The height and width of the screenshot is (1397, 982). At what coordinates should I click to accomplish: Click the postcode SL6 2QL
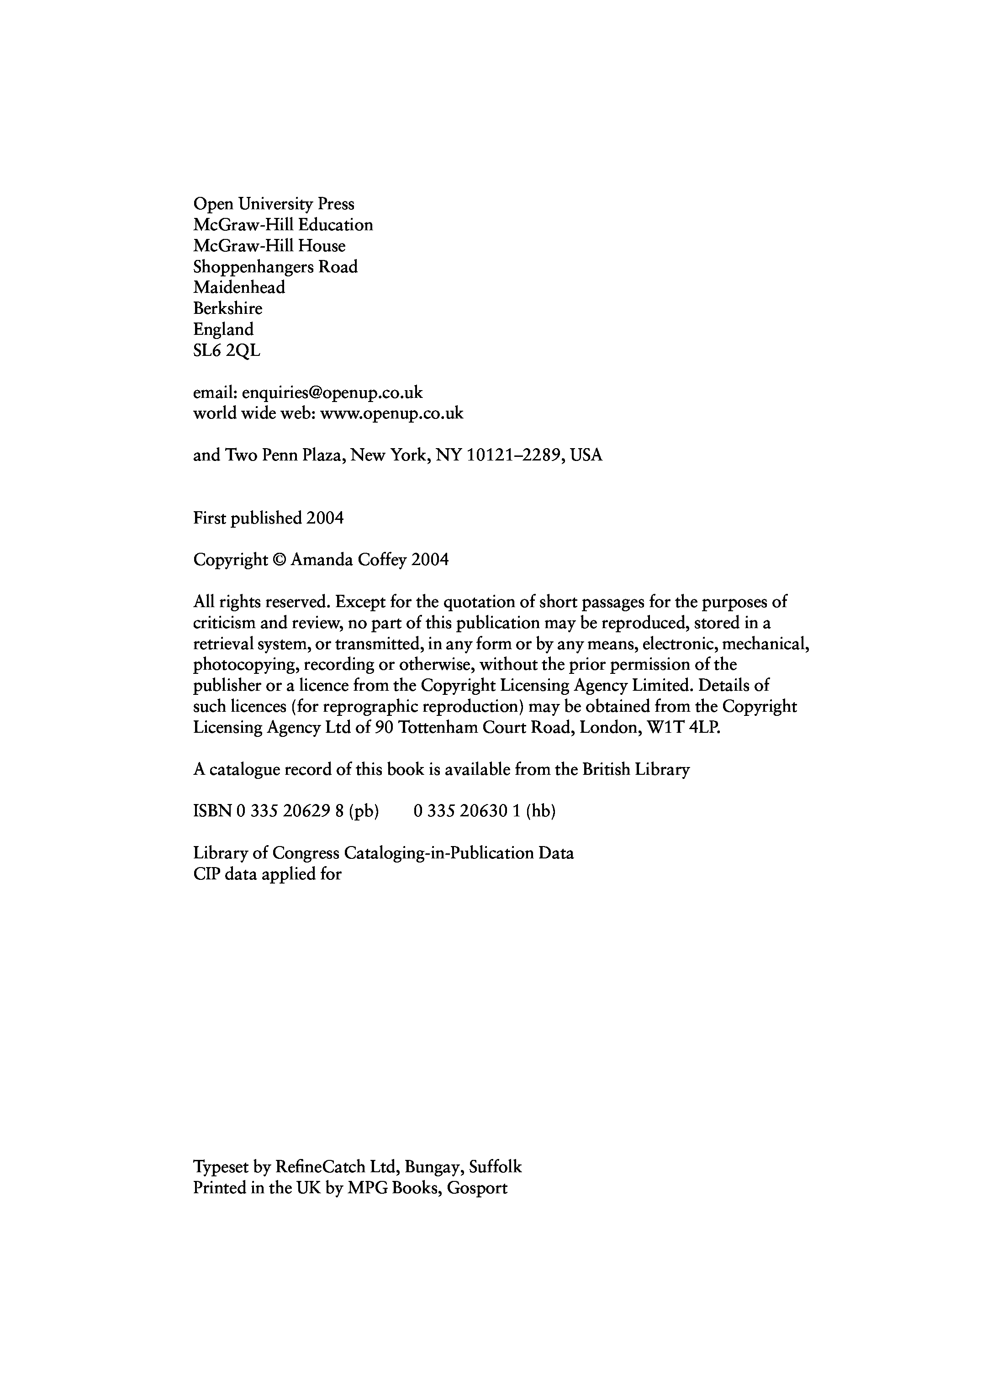click(227, 350)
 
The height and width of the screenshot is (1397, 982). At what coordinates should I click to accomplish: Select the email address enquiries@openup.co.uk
click(332, 392)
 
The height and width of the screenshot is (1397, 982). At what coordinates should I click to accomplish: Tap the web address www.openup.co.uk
click(391, 414)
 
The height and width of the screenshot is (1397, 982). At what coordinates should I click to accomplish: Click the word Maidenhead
click(239, 287)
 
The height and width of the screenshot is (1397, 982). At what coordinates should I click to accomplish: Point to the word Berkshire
click(227, 308)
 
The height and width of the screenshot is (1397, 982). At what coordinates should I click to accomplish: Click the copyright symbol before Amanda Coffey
click(279, 560)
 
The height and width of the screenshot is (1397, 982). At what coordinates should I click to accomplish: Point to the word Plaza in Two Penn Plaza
click(324, 455)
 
